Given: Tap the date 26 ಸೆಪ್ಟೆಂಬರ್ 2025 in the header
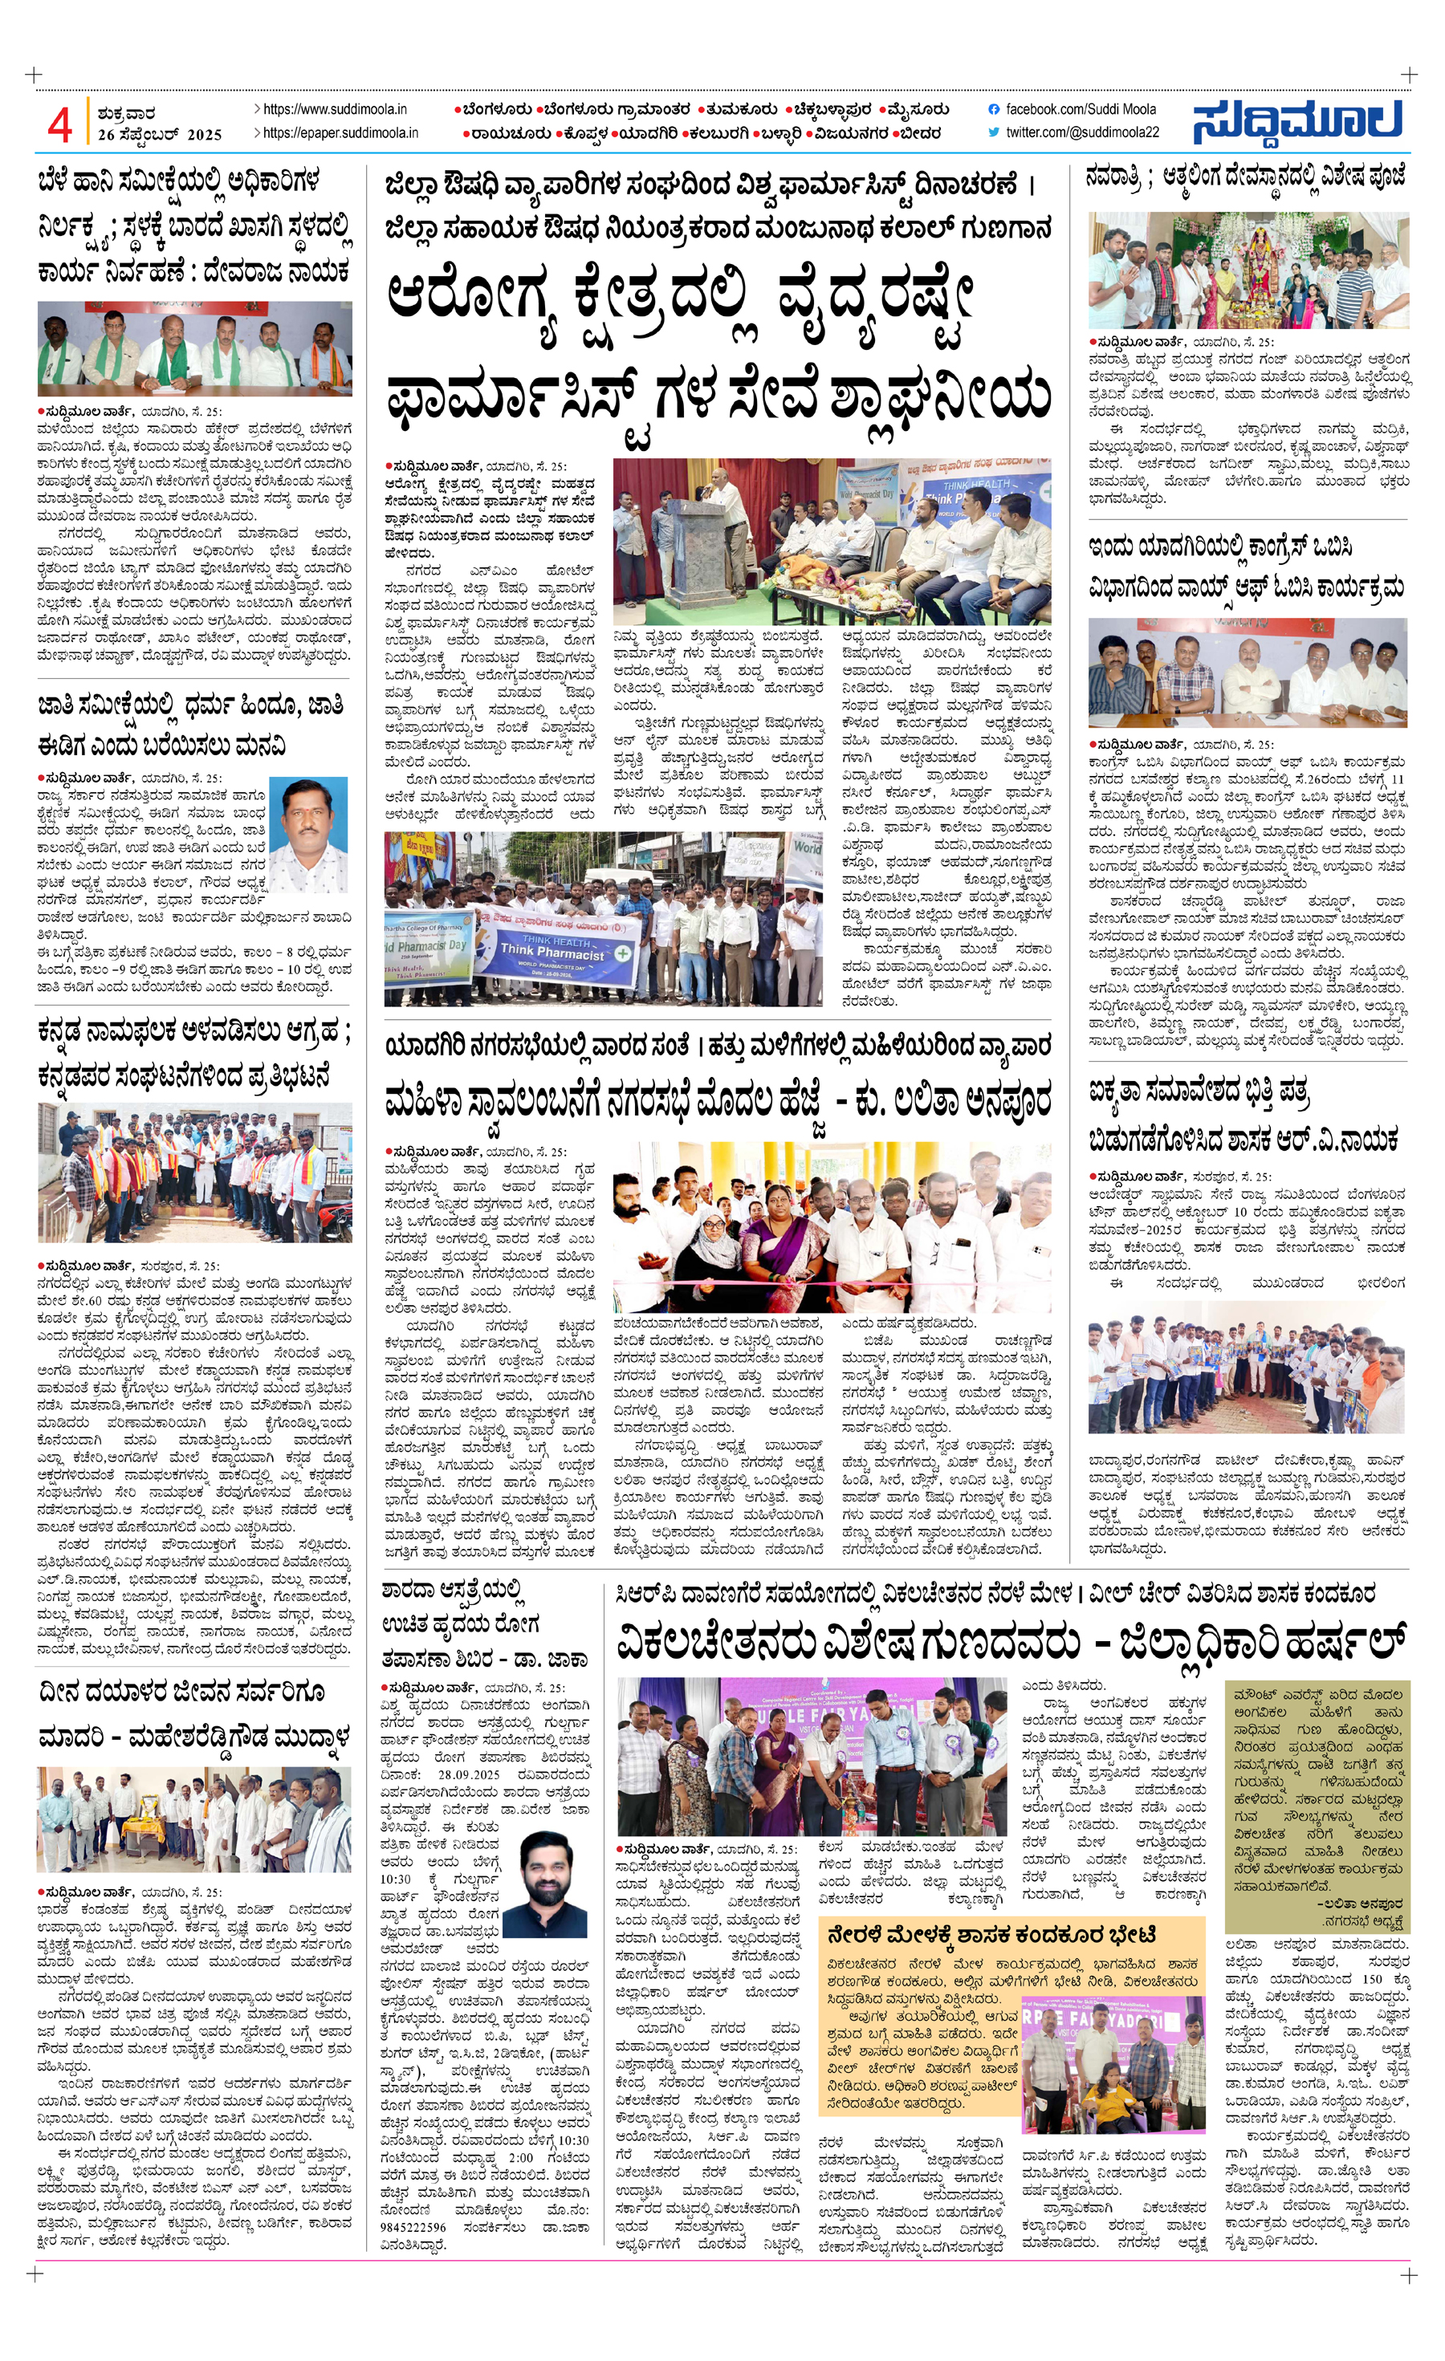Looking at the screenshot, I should [159, 135].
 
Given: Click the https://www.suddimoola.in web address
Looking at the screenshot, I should [335, 110].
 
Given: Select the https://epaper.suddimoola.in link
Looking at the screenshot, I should [340, 132].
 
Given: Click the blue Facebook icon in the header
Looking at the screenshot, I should [994, 110].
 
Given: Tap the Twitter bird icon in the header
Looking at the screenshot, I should [994, 132].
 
